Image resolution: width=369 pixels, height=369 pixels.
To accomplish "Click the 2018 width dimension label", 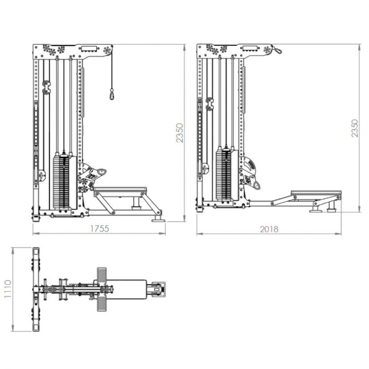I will coord(269,229).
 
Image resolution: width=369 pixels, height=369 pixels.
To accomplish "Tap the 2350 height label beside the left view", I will coord(180,133).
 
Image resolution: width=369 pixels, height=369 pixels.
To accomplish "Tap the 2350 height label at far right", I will coord(355,128).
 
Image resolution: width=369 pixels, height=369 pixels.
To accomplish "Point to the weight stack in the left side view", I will coord(61,181).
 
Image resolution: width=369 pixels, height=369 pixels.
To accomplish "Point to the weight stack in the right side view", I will coord(224,175).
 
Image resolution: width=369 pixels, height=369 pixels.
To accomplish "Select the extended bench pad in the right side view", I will coord(316,194).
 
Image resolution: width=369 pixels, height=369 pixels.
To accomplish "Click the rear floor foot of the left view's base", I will coord(158,219).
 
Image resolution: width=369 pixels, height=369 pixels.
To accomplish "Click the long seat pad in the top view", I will coord(128,289).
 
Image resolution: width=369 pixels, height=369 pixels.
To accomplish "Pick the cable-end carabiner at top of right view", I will coord(277,50).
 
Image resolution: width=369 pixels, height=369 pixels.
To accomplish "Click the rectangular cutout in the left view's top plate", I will coord(88,48).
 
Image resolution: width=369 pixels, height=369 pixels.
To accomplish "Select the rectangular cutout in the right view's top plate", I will coord(251,48).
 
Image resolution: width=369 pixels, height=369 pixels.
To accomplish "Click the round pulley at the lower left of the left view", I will coord(42,176).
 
